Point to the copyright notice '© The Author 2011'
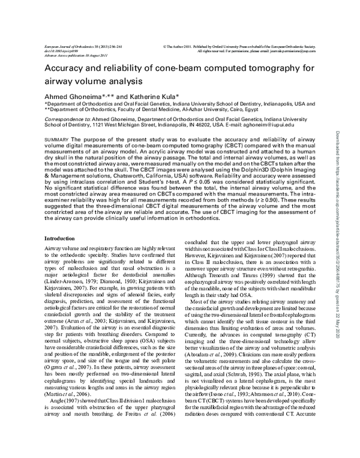(x=180, y=46)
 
